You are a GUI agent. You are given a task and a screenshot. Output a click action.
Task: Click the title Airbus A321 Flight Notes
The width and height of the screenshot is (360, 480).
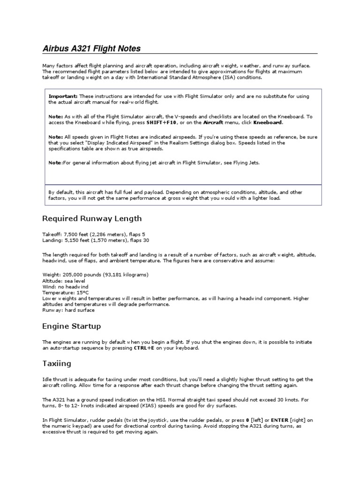pos(91,49)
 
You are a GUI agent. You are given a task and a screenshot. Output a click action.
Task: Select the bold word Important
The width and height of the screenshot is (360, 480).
pos(63,96)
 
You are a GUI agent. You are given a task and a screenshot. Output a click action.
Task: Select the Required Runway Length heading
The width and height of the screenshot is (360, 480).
pos(92,218)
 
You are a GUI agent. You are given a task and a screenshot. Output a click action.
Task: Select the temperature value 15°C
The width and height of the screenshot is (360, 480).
pos(77,292)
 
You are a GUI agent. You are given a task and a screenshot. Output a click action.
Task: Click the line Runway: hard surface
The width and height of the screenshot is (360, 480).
pos(68,310)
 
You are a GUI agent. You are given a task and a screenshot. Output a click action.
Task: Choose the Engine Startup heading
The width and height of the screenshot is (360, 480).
pos(71,326)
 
